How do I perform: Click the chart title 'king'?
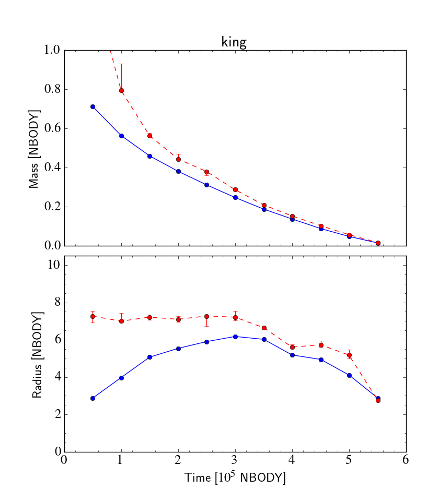(x=234, y=42)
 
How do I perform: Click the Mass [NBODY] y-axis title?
(x=34, y=149)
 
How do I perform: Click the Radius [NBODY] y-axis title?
(x=37, y=355)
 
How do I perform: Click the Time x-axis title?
(x=235, y=477)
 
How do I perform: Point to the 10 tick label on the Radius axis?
(x=52, y=265)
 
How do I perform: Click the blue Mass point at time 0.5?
(x=93, y=106)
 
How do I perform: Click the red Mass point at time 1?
(x=121, y=90)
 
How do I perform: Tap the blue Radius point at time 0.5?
(x=93, y=398)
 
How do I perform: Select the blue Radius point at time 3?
(x=235, y=337)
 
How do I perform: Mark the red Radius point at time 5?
(x=349, y=355)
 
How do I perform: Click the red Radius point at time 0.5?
(x=93, y=316)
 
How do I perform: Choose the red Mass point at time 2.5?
(x=206, y=172)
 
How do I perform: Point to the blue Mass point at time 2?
(x=178, y=171)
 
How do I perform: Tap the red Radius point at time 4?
(x=292, y=347)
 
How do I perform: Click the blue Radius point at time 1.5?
(x=149, y=357)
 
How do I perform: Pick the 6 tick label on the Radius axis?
(x=55, y=340)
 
